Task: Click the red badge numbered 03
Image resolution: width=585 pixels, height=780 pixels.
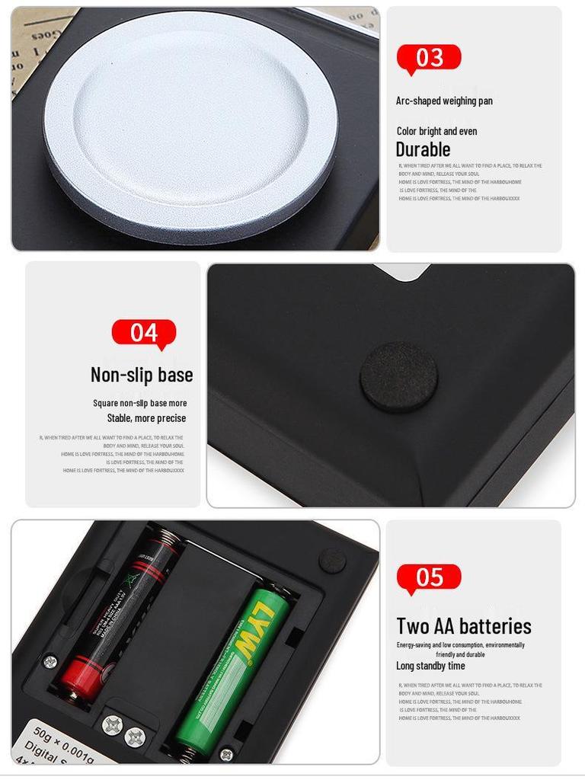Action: tap(429, 58)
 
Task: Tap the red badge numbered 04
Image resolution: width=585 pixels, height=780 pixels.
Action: tap(144, 333)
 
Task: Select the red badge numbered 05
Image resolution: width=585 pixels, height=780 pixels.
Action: tap(429, 577)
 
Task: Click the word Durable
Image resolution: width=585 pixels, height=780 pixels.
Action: tap(423, 149)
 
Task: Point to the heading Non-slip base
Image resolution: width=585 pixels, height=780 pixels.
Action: tap(142, 375)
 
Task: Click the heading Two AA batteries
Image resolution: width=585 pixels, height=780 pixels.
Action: tap(464, 626)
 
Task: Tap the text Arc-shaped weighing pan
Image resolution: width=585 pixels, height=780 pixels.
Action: tap(444, 101)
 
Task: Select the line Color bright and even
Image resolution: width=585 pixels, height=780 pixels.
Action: tap(436, 131)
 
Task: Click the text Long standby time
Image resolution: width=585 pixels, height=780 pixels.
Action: tap(430, 666)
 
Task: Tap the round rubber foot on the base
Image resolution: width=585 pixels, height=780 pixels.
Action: tap(398, 376)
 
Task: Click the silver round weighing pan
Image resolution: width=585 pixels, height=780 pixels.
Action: tap(190, 119)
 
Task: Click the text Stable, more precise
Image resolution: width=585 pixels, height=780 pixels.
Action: tap(146, 418)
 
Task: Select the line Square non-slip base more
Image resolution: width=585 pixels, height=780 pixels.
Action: tap(140, 403)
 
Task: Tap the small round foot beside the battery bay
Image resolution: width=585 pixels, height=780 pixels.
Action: tap(332, 561)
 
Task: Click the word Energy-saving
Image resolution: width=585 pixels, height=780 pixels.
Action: tap(414, 645)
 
